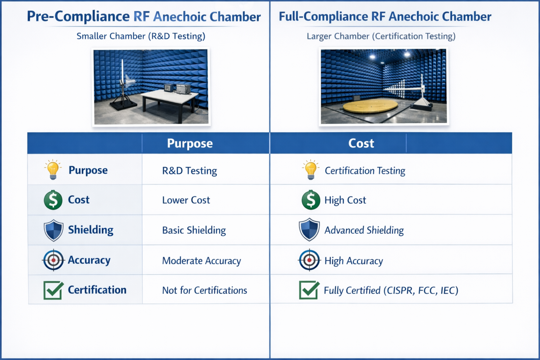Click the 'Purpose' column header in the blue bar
190,144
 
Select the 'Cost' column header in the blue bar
361,144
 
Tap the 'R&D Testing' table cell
189,171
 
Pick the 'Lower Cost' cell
186,200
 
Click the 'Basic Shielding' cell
194,230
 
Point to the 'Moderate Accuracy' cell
201,261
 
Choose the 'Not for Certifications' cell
205,290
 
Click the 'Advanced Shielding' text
364,230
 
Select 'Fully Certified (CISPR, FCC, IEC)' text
391,290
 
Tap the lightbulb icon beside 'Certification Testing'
310,170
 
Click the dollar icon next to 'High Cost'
310,200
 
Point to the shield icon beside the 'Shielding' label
53,230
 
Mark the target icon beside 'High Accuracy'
309,260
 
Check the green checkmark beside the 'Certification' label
53,290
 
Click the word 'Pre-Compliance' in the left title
78,17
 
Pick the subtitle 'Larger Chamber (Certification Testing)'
381,36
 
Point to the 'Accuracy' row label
89,260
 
